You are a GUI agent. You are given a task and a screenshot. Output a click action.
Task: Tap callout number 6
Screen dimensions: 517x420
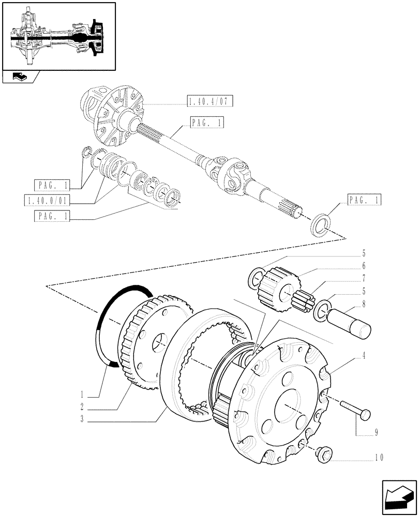pos(364,266)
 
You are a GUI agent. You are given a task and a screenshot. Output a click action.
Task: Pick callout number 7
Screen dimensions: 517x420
pos(364,279)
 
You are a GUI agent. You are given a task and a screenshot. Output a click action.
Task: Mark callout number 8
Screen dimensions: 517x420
pos(364,305)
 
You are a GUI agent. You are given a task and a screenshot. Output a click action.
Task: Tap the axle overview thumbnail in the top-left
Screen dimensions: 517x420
pos(58,36)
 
